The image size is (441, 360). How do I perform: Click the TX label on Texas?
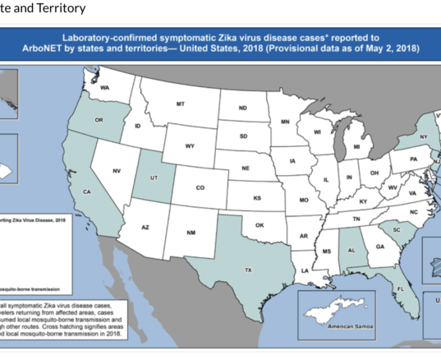(247, 270)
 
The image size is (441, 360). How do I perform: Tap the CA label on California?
(85, 192)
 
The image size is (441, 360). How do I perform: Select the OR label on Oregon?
(99, 120)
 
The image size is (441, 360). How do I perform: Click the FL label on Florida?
(401, 289)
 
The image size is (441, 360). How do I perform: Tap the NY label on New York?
(424, 136)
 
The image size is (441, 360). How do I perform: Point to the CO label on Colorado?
(200, 187)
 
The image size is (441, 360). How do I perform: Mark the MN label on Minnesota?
(285, 122)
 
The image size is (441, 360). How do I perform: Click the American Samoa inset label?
(349, 327)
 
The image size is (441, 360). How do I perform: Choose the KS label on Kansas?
(257, 198)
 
